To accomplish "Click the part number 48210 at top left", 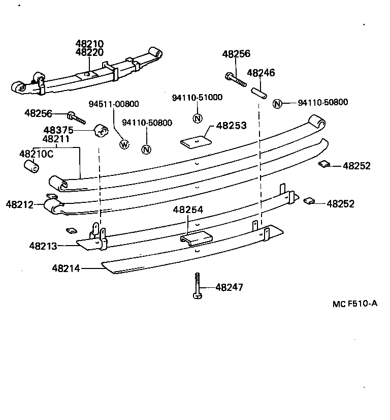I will tap(89, 44).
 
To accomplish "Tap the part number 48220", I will tap(89, 52).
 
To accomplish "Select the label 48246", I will tap(261, 73).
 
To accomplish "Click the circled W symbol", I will tap(124, 144).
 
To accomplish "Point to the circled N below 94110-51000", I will tap(198, 118).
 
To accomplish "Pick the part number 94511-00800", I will tap(114, 104).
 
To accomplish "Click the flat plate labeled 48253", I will tap(196, 141).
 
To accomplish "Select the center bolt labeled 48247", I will tap(198, 286).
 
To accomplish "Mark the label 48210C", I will tap(36, 153).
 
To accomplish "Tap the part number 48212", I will tap(20, 205).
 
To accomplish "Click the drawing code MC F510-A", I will tap(355, 304).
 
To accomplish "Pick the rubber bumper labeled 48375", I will tap(102, 130).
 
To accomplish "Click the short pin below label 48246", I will tap(259, 93).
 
